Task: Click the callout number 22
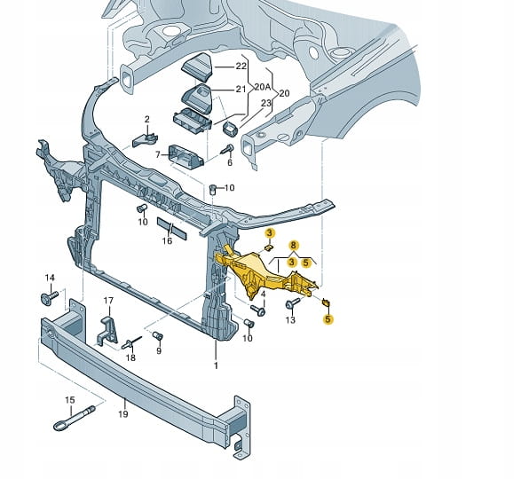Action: point(241,66)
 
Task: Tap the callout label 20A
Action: point(263,87)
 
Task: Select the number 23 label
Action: point(266,103)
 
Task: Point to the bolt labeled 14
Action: point(49,298)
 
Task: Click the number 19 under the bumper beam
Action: point(123,413)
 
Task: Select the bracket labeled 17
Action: point(107,330)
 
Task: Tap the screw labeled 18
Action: point(131,342)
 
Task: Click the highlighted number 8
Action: point(293,245)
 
